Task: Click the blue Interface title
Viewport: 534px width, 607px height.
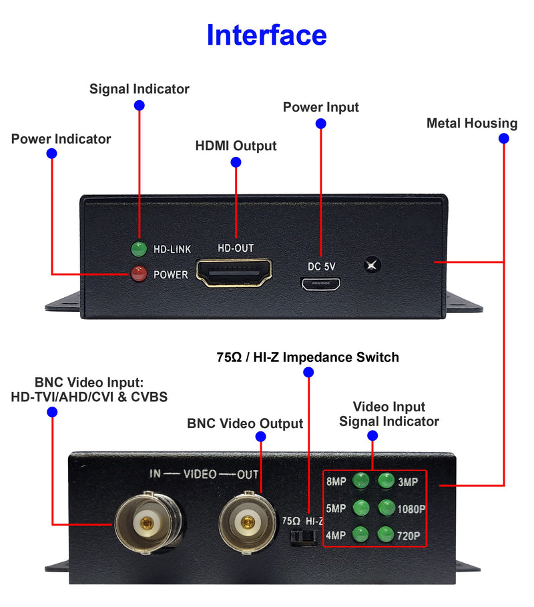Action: tap(266, 35)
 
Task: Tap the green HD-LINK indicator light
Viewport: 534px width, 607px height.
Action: tap(139, 250)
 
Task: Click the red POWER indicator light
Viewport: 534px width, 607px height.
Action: tap(139, 274)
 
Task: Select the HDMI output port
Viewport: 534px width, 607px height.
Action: tap(234, 274)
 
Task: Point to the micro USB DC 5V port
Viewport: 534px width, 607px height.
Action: tap(321, 284)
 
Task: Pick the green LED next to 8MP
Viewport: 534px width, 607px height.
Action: tap(361, 480)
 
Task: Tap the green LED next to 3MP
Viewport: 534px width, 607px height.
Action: tap(386, 480)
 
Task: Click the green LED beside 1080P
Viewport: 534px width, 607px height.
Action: tap(386, 508)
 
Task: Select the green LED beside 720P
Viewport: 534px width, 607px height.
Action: tap(386, 534)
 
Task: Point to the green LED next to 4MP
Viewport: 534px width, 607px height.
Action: tap(361, 534)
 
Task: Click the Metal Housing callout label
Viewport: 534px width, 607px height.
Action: tap(472, 123)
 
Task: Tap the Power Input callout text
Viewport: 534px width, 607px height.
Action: tap(320, 108)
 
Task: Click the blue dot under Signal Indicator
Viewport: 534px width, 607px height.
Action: tap(139, 105)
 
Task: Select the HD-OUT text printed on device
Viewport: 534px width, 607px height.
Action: tap(236, 248)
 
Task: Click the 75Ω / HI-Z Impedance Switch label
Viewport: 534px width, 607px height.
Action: tap(308, 357)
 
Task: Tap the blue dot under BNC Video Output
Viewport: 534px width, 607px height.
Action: tap(260, 437)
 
